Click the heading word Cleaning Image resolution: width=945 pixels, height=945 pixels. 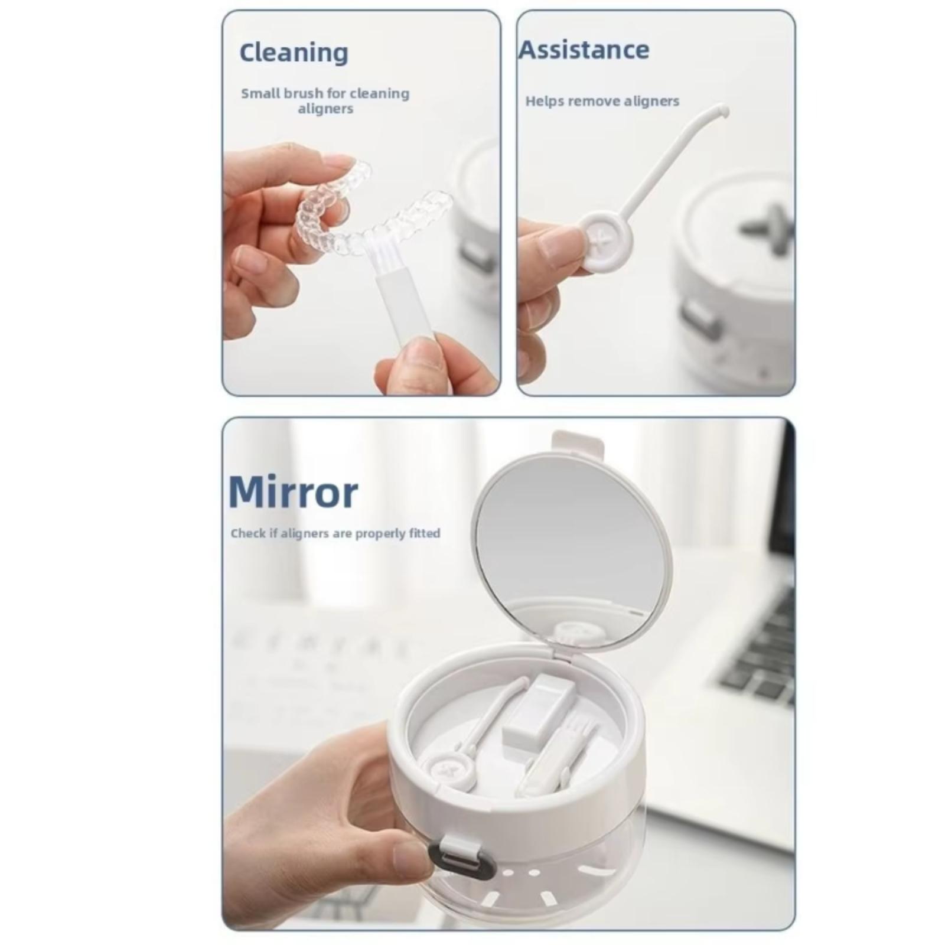pyautogui.click(x=294, y=53)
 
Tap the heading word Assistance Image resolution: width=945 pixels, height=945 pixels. pyautogui.click(x=584, y=50)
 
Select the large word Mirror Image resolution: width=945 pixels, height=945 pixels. pyautogui.click(x=293, y=492)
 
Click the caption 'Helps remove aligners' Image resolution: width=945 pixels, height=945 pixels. pyautogui.click(x=602, y=101)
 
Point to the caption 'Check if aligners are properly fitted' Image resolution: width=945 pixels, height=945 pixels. pyautogui.click(x=335, y=533)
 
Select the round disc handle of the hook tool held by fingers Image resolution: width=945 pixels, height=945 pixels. pyautogui.click(x=604, y=243)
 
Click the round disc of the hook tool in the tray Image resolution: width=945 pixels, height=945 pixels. pyautogui.click(x=448, y=771)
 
